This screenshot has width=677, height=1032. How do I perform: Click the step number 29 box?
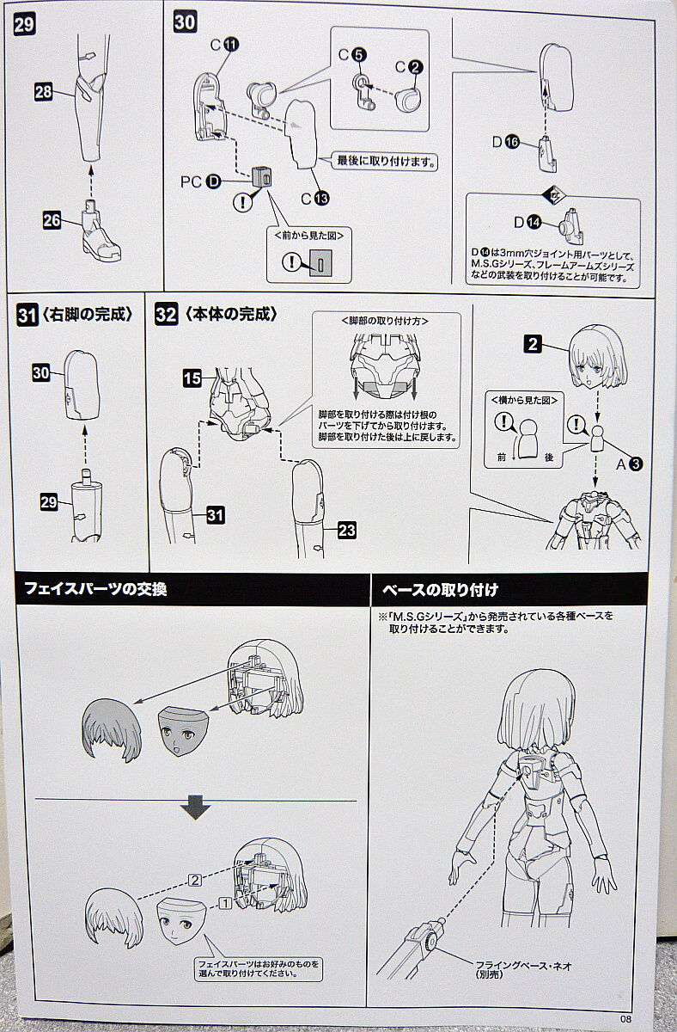pos(23,25)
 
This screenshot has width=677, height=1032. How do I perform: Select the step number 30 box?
pos(185,22)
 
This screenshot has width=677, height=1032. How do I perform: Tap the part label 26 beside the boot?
pos(52,220)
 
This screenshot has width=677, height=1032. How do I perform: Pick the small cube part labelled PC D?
pos(262,177)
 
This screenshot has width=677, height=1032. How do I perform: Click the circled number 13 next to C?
pos(321,198)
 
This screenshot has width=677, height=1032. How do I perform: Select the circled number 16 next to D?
pos(513,143)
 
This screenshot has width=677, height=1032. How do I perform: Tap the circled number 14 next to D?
pos(534,223)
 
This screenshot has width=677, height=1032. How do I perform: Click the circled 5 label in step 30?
pos(359,54)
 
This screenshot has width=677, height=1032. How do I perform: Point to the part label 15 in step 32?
pos(192,377)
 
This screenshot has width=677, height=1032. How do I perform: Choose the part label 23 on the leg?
pos(345,531)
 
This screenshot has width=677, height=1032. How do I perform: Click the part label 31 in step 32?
pos(215,514)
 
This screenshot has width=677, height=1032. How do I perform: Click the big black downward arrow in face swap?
pos(196,809)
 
